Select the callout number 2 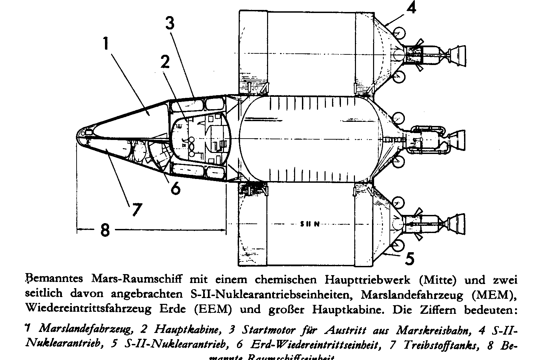tap(166, 62)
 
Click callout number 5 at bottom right tap(410, 258)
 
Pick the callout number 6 tap(175, 188)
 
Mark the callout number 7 tap(136, 209)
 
